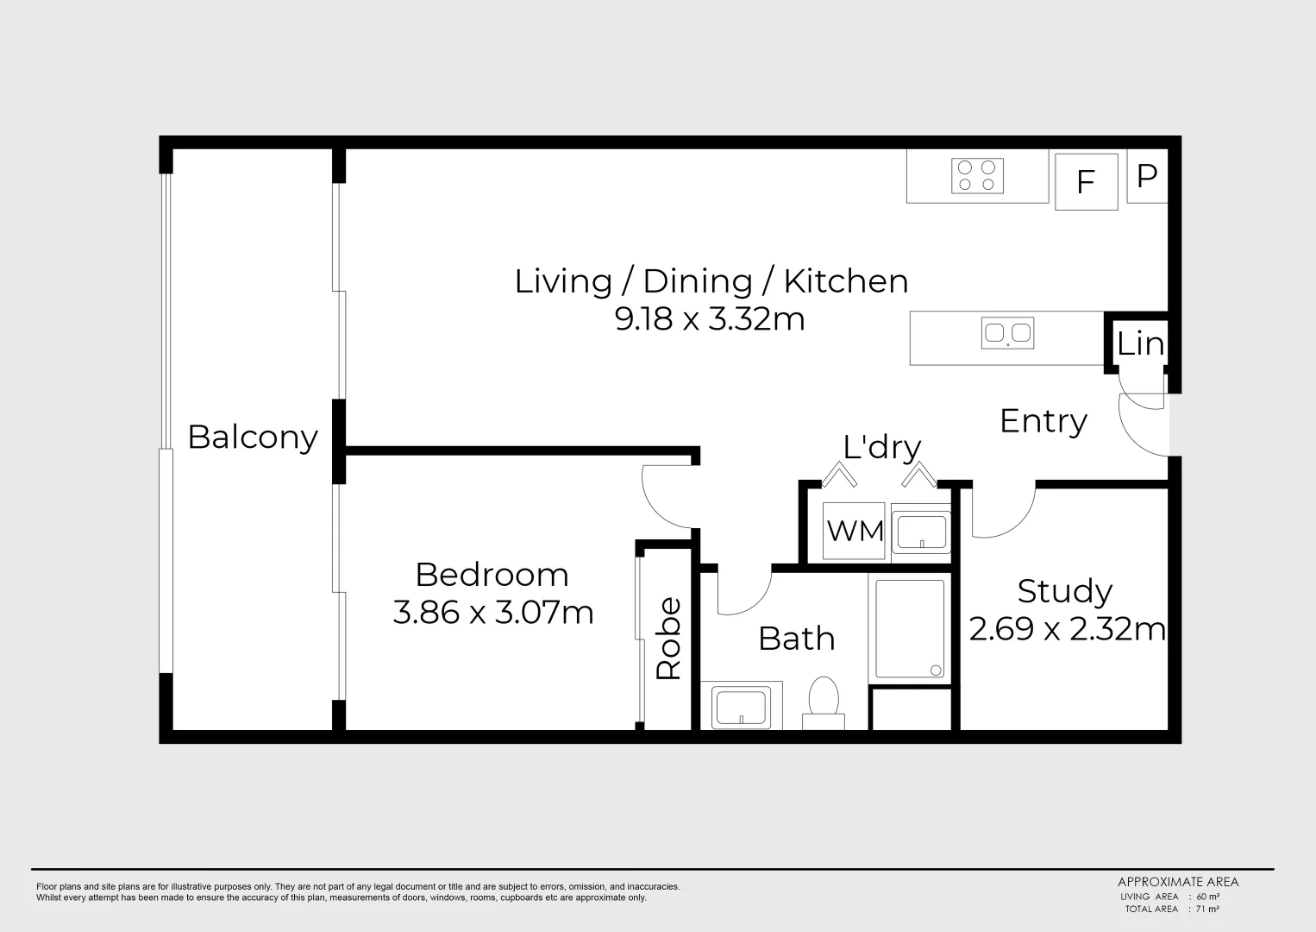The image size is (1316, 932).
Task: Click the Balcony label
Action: (253, 438)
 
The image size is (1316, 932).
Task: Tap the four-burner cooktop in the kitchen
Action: (977, 176)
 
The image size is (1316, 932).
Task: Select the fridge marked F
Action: (1086, 182)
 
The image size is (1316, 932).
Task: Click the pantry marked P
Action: (1146, 178)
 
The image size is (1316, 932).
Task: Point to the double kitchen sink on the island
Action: (1007, 333)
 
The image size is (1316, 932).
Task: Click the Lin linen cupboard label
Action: (1139, 344)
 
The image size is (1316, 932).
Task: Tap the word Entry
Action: (1043, 421)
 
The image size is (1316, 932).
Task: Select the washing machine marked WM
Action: (855, 531)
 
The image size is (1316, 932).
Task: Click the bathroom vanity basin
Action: (741, 705)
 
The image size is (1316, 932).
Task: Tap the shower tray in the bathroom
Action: (910, 628)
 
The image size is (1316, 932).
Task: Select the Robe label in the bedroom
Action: (668, 639)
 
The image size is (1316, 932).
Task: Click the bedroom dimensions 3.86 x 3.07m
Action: (492, 613)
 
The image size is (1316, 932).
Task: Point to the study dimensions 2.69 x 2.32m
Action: (1067, 629)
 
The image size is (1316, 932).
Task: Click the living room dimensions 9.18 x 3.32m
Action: (709, 319)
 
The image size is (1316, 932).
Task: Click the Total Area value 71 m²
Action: (1206, 909)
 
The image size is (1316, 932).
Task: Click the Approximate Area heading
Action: (1177, 882)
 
